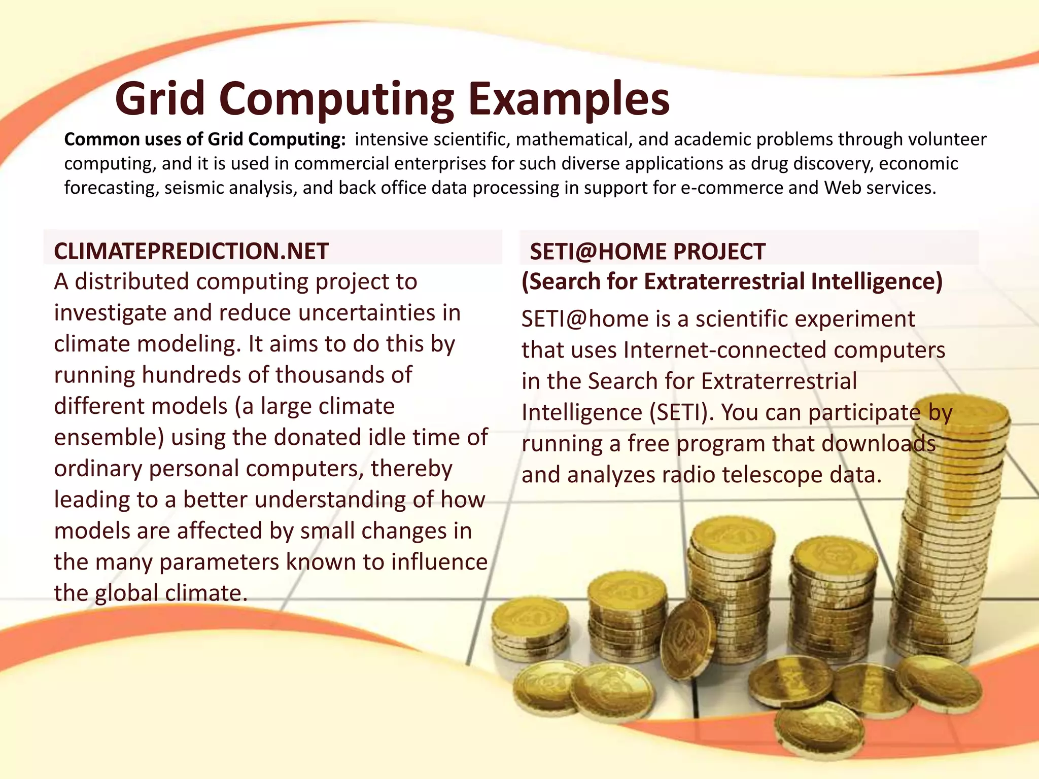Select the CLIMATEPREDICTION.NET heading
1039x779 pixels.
[191, 252]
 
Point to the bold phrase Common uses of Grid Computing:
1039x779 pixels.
[205, 139]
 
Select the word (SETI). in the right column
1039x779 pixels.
[682, 413]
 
